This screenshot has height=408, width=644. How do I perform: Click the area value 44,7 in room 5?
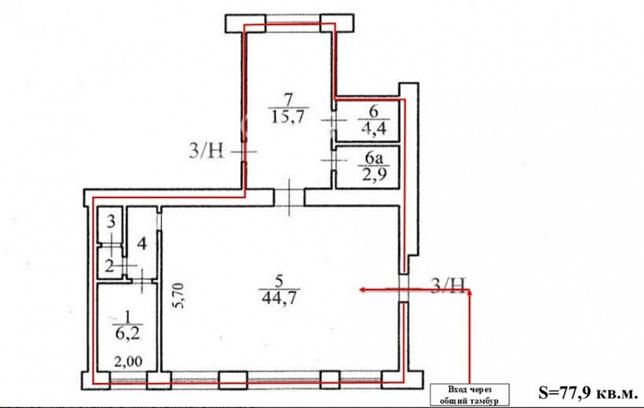279,297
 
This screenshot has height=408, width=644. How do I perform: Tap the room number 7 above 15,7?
288,100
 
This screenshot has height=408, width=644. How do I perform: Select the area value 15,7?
288,117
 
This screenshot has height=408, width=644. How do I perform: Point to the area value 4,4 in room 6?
373,128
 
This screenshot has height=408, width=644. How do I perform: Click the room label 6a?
373,158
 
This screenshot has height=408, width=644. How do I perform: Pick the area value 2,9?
373,175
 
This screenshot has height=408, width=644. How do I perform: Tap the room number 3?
111,223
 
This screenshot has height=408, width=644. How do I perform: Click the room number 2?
109,267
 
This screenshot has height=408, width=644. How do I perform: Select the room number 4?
141,244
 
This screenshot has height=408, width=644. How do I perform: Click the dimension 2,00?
128,362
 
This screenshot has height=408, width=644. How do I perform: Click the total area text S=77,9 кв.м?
587,393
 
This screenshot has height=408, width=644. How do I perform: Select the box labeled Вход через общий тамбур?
470,395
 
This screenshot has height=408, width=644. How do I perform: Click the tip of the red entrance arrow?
360,290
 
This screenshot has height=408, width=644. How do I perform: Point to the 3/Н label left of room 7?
207,151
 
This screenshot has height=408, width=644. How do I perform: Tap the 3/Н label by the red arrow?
448,286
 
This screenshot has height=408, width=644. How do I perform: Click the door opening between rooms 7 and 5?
289,198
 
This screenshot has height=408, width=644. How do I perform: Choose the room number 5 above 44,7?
279,282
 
